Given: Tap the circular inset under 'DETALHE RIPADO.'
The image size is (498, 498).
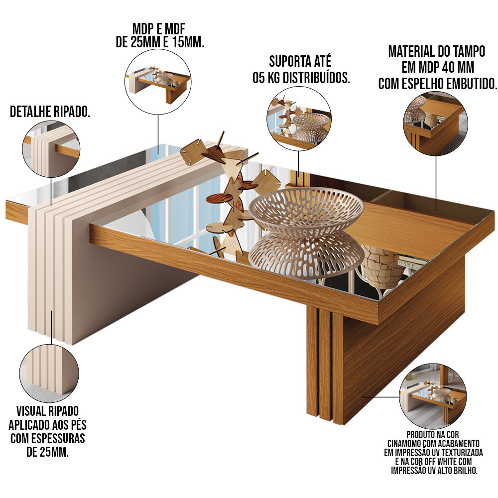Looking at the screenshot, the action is (51, 149).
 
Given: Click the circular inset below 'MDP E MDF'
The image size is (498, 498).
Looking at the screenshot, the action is (158, 82).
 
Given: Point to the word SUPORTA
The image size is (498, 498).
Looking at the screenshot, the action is (284, 61).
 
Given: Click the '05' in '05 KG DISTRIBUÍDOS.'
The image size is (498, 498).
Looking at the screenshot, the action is (258, 78).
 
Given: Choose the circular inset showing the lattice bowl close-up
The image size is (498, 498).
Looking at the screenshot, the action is (299, 119).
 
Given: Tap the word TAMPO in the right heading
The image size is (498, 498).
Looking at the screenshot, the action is (469, 51).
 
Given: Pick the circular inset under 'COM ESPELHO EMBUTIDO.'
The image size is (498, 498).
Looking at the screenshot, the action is (435, 124).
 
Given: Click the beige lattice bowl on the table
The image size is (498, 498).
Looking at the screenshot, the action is (306, 210).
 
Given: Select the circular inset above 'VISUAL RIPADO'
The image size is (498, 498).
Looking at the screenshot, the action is (49, 373).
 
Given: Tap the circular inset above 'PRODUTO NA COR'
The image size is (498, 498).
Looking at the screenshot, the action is (433, 396).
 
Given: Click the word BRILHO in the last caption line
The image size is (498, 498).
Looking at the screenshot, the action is (465, 471).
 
